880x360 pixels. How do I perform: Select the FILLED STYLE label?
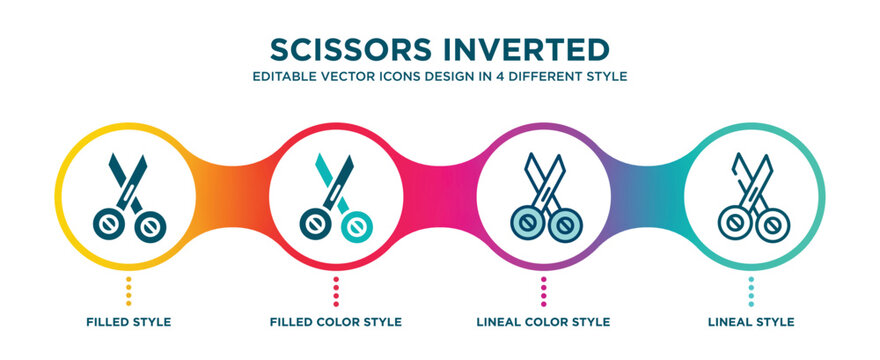coord(128,322)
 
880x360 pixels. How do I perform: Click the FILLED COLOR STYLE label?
coord(336,322)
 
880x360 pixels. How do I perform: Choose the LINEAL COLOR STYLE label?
coord(543,322)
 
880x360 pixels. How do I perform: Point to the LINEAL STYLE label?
coord(751,322)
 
